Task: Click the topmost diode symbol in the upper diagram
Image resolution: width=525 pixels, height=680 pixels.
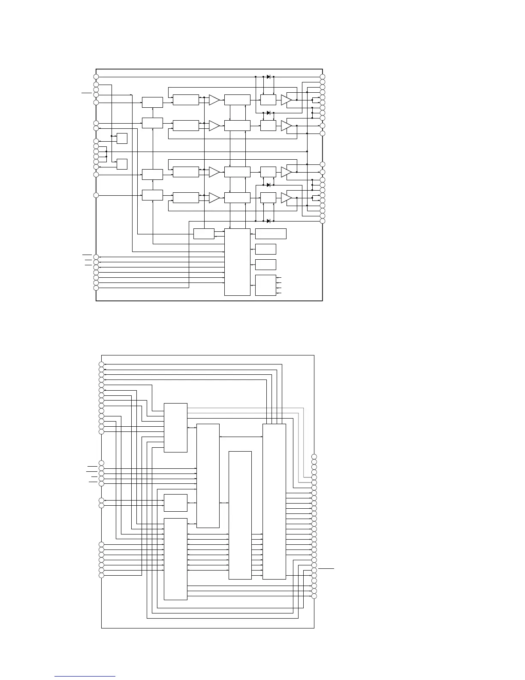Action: pos(269,77)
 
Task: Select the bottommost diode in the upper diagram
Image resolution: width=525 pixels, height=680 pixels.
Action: pos(269,221)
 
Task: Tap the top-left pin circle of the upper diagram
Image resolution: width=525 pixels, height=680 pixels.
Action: pos(96,77)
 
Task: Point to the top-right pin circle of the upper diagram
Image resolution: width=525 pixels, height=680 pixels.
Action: pos(323,77)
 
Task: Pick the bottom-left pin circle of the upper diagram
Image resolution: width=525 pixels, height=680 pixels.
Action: pos(96,288)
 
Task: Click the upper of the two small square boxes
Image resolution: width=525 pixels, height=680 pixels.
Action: pos(122,139)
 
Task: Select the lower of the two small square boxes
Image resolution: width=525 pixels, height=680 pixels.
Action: pos(122,164)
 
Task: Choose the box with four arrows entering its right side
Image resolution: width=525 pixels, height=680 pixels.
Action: pos(266,285)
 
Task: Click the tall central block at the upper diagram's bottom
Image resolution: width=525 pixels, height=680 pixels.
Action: pos(237,262)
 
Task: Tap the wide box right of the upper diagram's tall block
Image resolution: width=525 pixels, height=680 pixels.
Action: pos(271,234)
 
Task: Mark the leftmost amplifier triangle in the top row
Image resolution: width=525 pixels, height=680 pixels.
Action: pos(214,100)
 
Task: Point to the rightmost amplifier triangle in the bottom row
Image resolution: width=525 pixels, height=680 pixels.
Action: pos(286,198)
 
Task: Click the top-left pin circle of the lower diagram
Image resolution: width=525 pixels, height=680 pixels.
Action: pos(102,364)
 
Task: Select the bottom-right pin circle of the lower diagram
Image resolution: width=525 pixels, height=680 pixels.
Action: pos(314,596)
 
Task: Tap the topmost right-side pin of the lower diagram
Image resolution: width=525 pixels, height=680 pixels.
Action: pos(314,456)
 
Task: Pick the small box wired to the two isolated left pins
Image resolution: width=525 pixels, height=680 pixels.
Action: pos(175,503)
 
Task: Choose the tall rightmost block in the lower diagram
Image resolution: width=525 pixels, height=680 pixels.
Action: pos(274,501)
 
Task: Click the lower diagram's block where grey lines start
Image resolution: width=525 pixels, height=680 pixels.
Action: pos(175,428)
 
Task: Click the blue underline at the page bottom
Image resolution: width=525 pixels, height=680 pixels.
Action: pos(85,677)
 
